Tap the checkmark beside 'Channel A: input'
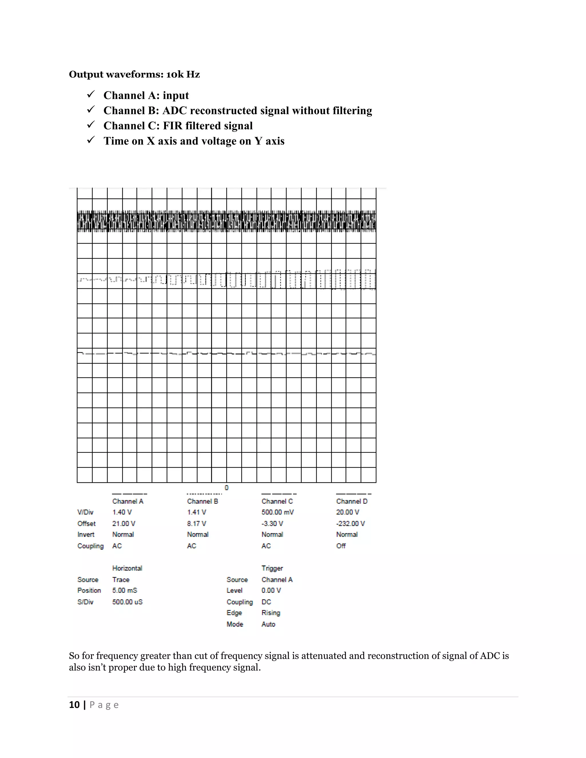pos(91,94)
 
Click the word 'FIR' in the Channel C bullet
pos(173,126)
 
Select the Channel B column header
pos(202,501)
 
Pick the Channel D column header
pos(352,501)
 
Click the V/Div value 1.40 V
pos(122,512)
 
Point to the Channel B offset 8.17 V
pos(197,523)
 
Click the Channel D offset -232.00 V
pos(350,523)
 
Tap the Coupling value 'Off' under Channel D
pos(340,546)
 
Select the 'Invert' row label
pos(86,535)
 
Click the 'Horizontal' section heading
pos(127,568)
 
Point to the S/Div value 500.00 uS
pos(127,602)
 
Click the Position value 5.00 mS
pos(125,590)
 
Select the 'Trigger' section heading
pos(272,568)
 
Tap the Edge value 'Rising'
pos(271,613)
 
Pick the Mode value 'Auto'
pos(268,624)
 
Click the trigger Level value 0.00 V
pos(271,590)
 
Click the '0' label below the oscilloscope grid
pos(226,488)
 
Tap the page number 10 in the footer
pos(74,705)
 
